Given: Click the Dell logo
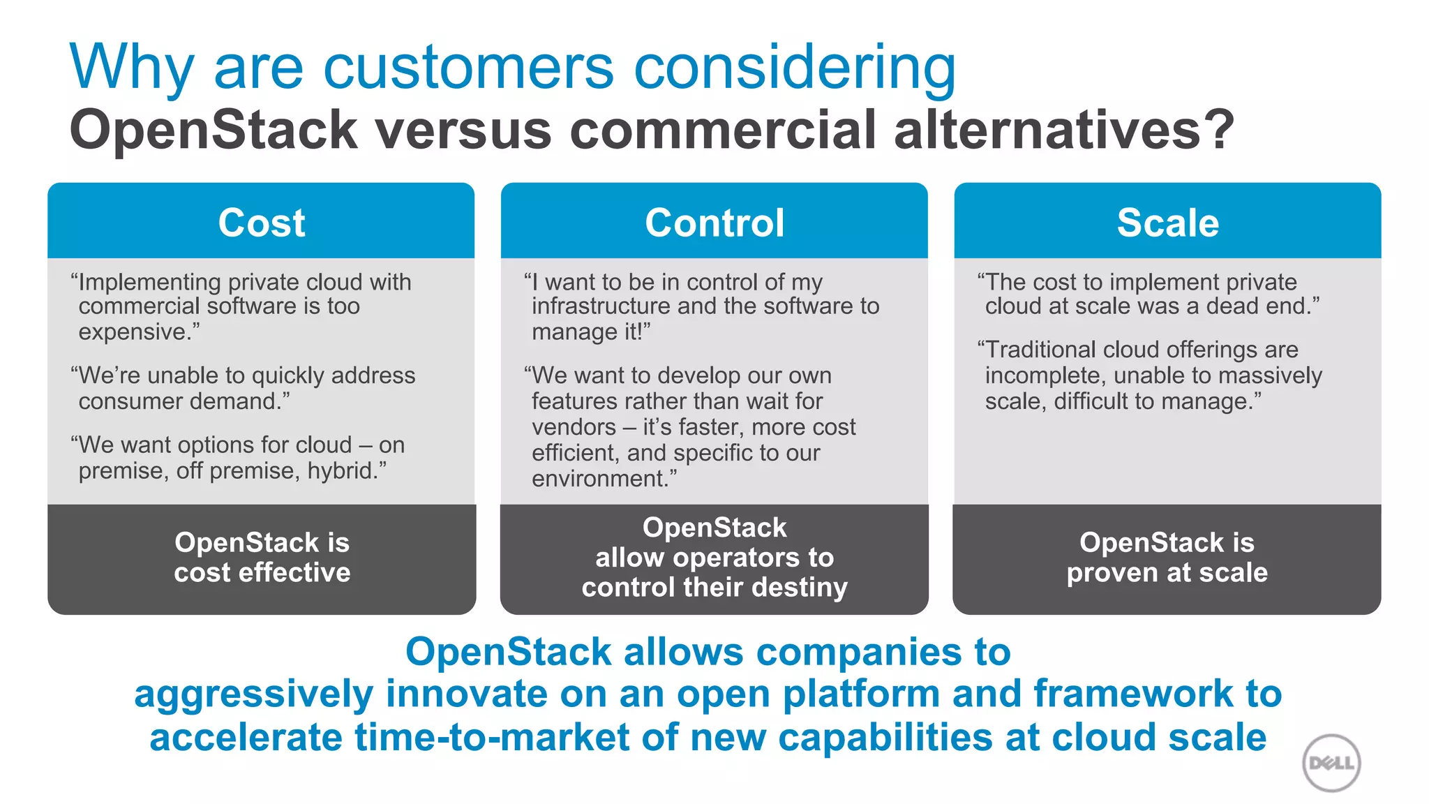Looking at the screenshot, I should point(1331,763).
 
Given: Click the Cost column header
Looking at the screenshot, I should point(262,223).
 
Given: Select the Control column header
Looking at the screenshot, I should point(714,223).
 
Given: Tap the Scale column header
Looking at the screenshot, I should point(1167,223).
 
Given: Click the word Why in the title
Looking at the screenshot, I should point(130,68).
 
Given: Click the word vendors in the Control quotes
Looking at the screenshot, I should point(574,427).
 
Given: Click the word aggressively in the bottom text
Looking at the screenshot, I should point(253,695).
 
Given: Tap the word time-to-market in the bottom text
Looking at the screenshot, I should point(492,738).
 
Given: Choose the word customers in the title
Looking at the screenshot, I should point(468,68).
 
